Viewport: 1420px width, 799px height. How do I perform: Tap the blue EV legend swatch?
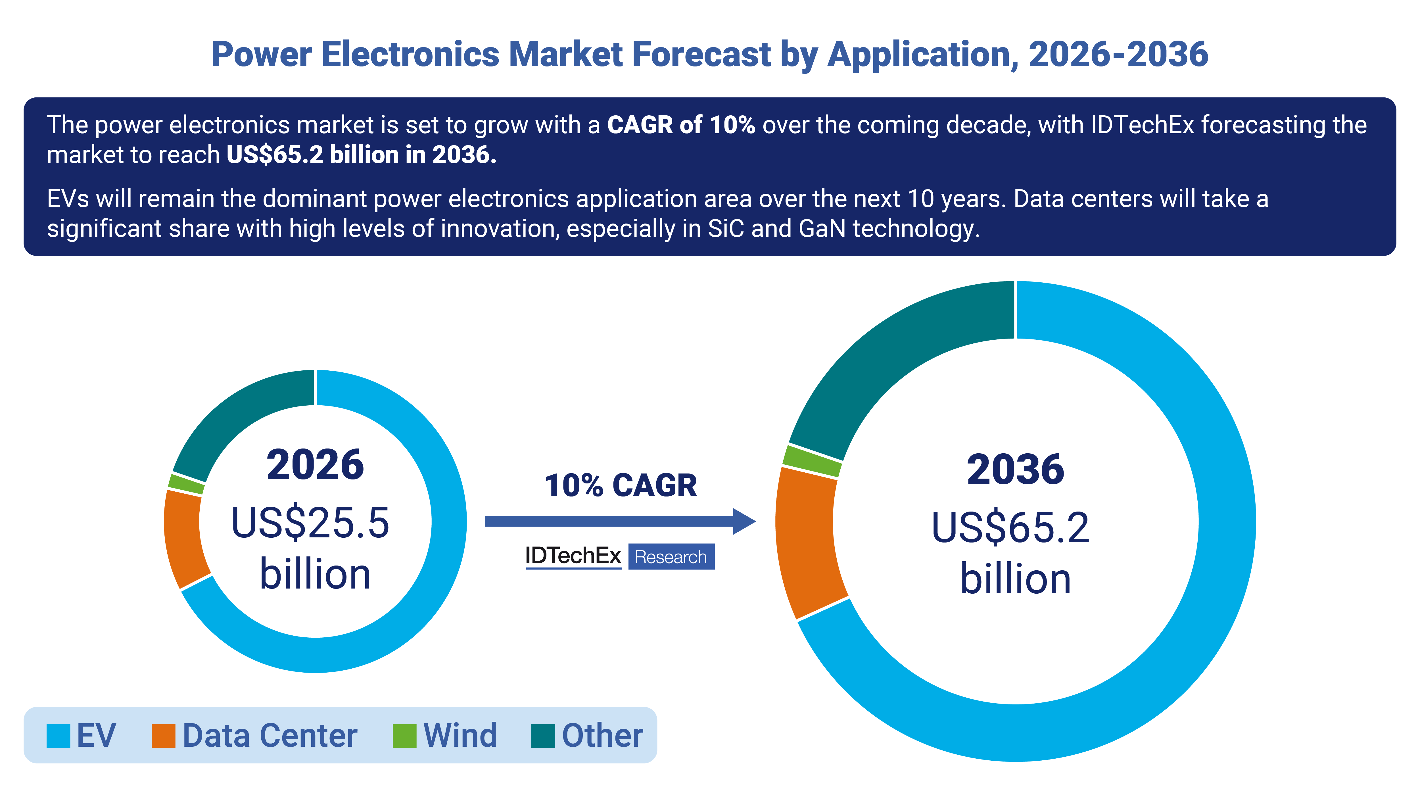click(x=59, y=736)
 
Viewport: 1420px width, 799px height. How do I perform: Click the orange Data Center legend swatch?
click(x=163, y=736)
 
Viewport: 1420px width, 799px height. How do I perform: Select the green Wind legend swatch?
click(x=404, y=736)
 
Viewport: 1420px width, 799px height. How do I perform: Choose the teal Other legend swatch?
click(x=543, y=736)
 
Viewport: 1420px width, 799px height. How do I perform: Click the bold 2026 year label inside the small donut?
click(x=315, y=465)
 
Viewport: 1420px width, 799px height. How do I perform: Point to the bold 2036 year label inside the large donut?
click(x=1015, y=470)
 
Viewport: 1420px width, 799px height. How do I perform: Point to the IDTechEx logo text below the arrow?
click(x=573, y=556)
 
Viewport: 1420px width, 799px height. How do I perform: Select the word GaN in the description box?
click(x=821, y=228)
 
